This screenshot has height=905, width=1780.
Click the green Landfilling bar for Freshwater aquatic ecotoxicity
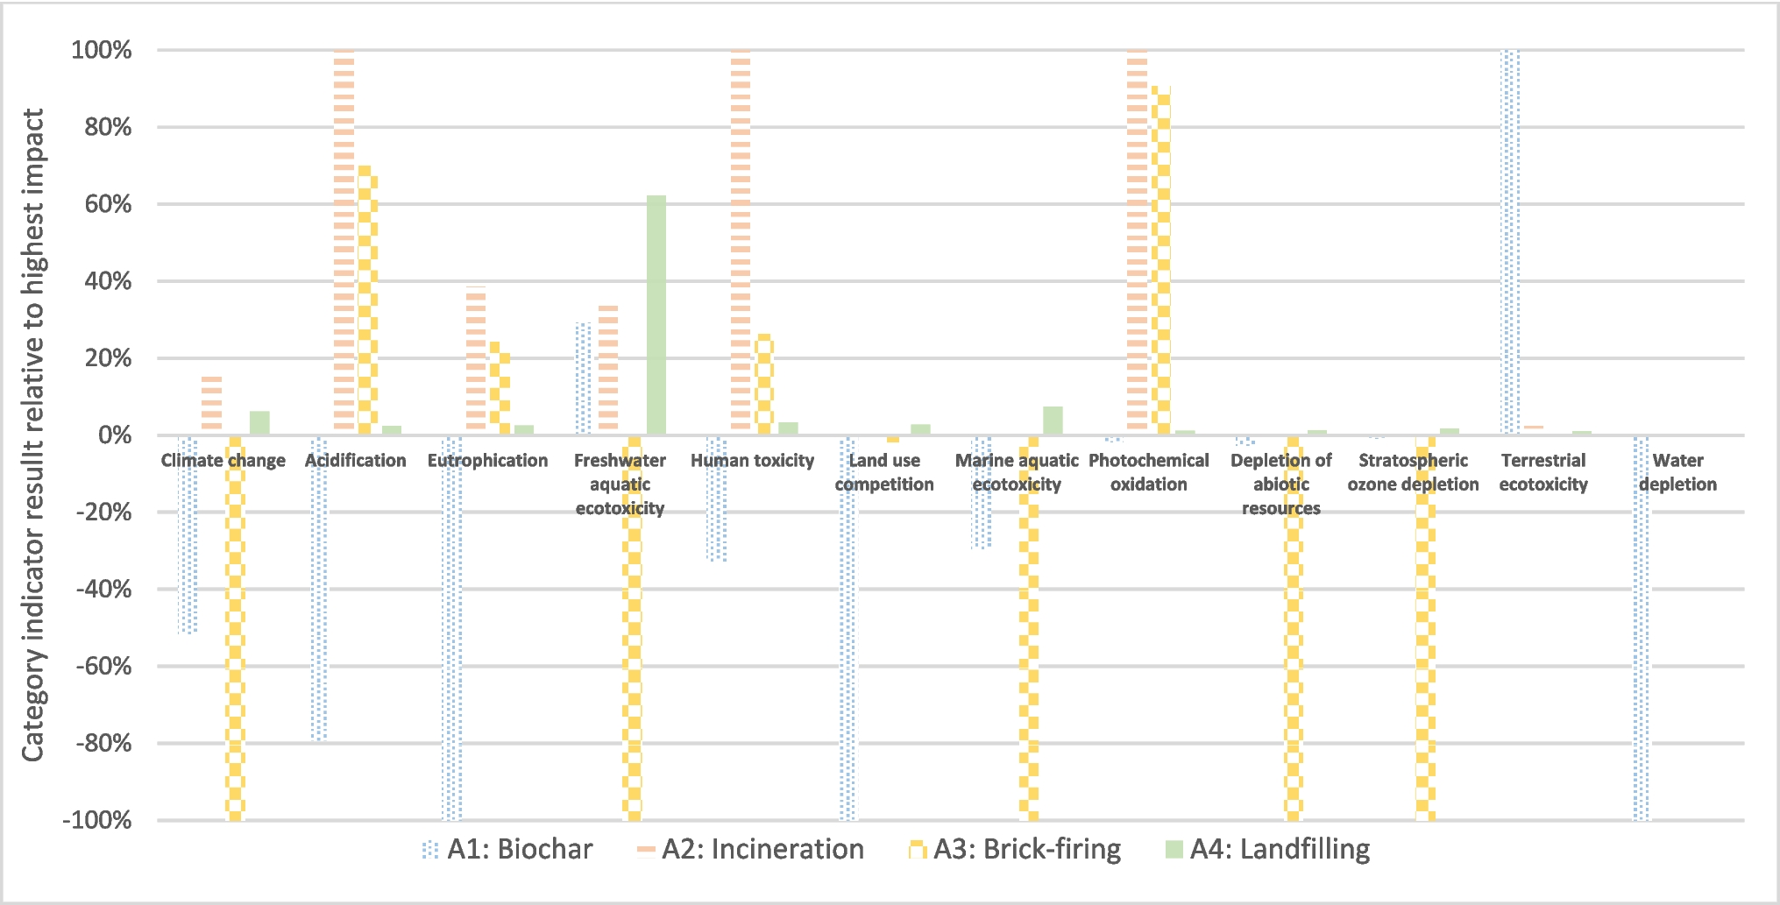656,315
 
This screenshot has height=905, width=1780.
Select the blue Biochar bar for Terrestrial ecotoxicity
1509,242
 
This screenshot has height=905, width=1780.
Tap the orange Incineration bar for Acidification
344,240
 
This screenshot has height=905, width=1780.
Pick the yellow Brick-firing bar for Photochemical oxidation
1160,259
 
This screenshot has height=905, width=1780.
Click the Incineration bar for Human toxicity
741,240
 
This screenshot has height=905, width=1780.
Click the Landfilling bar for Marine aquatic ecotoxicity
1053,421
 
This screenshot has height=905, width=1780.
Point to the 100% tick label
102,50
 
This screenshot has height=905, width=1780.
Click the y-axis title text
33,435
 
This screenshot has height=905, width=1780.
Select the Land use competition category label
884,472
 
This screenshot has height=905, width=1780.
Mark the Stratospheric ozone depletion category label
1413,472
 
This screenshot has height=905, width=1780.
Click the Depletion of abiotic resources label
1280,484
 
